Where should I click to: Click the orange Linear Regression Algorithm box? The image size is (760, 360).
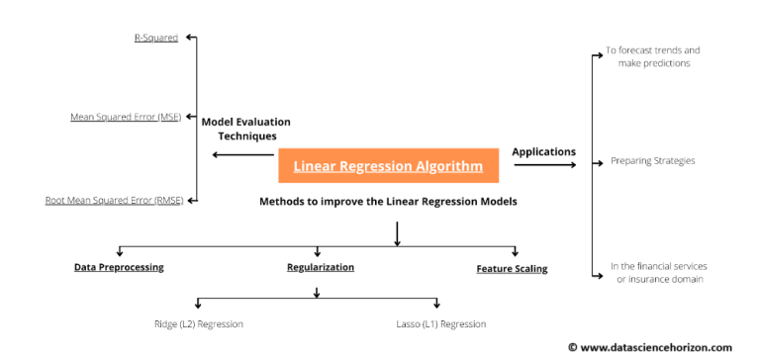click(388, 166)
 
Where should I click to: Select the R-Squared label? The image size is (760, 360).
click(156, 38)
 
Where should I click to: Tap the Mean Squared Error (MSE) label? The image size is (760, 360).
click(126, 117)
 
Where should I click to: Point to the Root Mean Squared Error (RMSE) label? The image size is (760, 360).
click(114, 200)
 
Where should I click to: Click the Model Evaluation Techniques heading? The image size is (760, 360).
click(246, 129)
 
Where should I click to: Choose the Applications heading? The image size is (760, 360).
click(543, 151)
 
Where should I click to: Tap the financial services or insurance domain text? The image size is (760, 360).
click(658, 272)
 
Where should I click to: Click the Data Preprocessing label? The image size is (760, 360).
click(119, 267)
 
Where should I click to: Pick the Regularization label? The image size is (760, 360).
click(321, 267)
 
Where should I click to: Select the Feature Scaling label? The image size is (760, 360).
click(512, 268)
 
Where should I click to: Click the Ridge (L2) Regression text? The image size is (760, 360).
click(198, 323)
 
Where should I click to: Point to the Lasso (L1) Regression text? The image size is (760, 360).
click(435, 323)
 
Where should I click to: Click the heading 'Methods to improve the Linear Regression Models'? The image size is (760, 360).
click(388, 201)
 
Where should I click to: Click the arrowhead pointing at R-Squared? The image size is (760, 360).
click(191, 38)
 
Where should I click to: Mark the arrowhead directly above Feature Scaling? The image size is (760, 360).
click(514, 252)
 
